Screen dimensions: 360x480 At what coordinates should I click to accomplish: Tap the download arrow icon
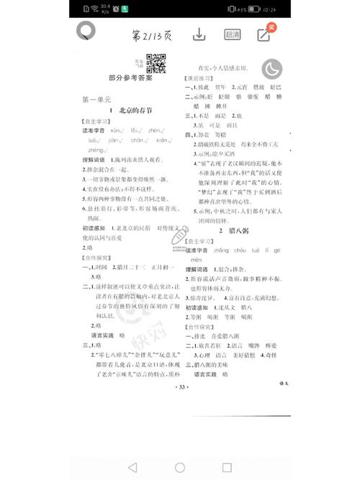(199, 35)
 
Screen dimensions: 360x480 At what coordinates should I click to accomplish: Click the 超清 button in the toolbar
(233, 35)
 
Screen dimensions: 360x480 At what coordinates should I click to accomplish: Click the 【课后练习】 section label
(200, 77)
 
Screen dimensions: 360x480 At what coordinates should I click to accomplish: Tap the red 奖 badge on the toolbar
(272, 27)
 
